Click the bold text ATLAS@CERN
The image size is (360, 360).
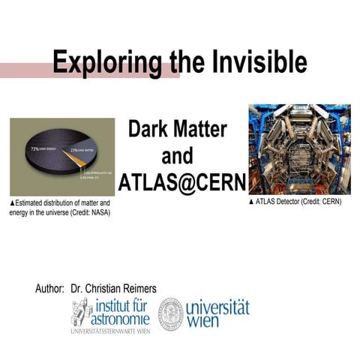tap(178, 182)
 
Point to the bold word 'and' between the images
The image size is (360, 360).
tap(178, 155)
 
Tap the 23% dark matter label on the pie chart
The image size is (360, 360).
tap(85, 151)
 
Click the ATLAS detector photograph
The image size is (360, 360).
tap(299, 150)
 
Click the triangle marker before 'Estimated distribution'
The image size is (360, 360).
tap(12, 203)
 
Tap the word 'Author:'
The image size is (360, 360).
tap(49, 288)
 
